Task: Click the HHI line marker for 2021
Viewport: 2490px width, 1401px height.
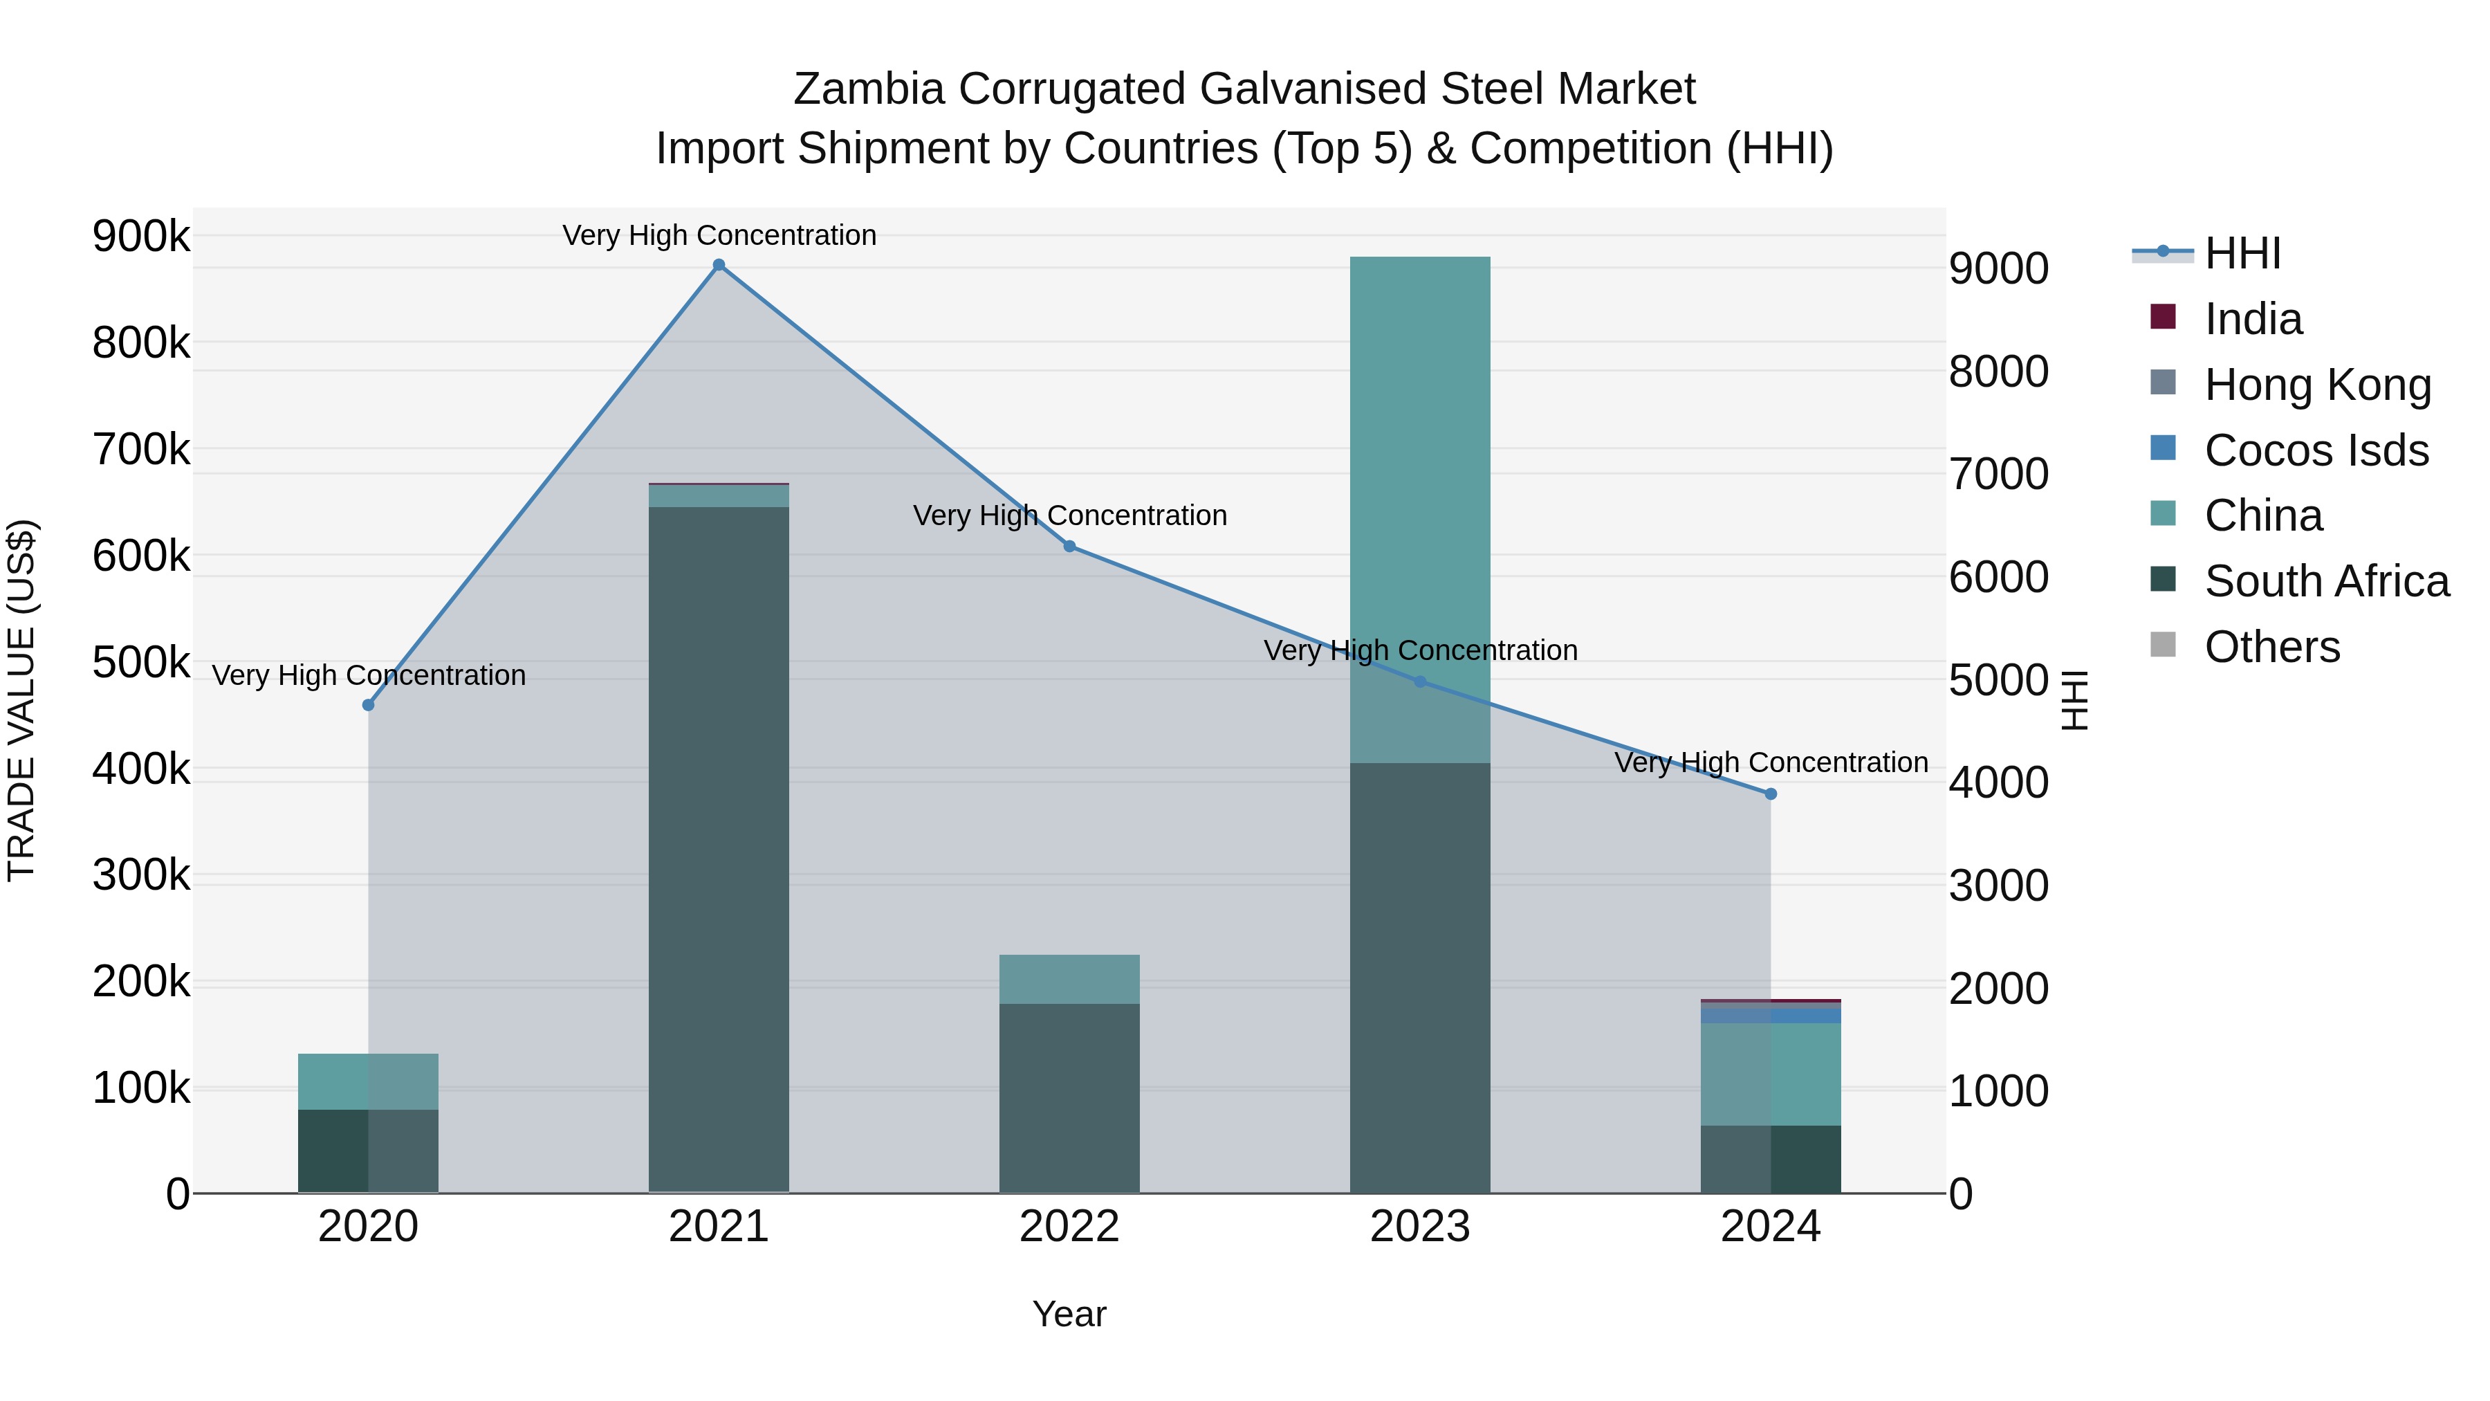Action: [718, 265]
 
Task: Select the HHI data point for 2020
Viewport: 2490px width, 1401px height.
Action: [368, 705]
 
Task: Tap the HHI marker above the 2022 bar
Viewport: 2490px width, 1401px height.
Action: [1069, 547]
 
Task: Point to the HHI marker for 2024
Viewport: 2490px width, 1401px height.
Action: [1770, 794]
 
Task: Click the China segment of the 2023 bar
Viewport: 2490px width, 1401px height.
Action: [1419, 464]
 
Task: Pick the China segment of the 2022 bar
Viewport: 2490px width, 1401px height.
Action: [1069, 978]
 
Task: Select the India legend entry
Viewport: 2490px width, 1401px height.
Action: [2252, 319]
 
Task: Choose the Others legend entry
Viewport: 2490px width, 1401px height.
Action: [2271, 647]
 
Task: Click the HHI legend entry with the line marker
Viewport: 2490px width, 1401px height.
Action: [2242, 253]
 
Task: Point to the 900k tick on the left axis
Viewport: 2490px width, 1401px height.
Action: [141, 236]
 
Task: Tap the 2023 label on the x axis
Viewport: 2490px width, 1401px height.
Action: [1419, 1227]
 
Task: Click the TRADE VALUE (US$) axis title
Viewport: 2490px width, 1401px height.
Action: [21, 700]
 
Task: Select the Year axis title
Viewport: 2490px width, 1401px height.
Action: [1069, 1314]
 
